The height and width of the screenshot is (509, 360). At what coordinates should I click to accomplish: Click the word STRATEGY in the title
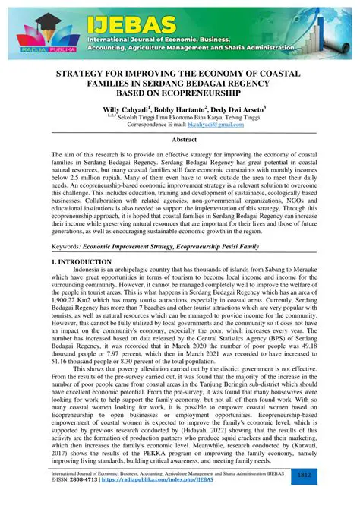pyautogui.click(x=85, y=74)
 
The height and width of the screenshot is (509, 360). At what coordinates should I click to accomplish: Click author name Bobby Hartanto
pyautogui.click(x=183, y=109)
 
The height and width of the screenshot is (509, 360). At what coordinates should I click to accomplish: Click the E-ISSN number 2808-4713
pyautogui.click(x=81, y=481)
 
